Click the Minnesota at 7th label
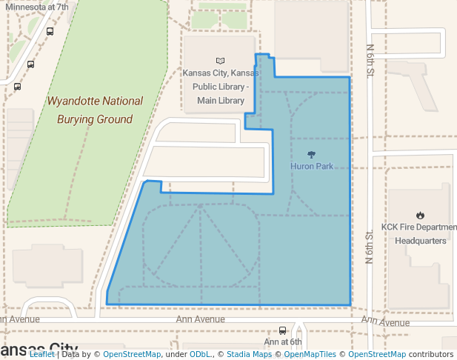(37, 7)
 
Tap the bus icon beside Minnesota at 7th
(50, 32)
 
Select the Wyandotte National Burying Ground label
(95, 110)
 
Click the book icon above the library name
(220, 61)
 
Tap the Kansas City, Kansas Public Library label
(221, 87)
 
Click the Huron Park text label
(311, 167)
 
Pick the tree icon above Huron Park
(311, 155)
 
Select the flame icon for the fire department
(420, 216)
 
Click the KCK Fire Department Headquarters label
(420, 233)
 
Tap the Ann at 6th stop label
(283, 342)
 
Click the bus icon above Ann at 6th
(282, 330)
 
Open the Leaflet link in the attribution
(41, 355)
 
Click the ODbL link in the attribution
(201, 355)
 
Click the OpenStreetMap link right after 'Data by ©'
(131, 355)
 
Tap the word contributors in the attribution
(431, 355)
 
